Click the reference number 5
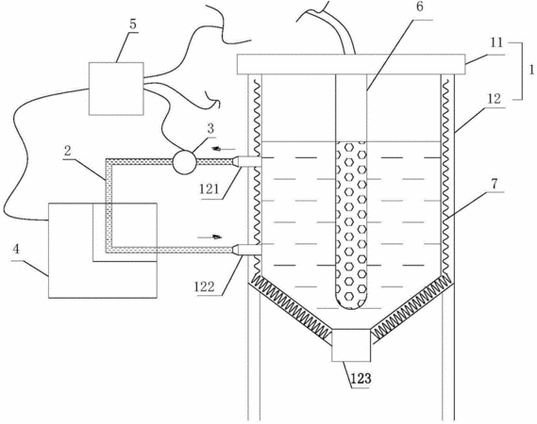click(132, 24)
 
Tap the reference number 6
click(420, 8)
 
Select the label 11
click(496, 42)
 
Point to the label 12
click(495, 99)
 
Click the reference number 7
click(494, 184)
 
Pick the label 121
click(209, 188)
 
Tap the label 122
click(204, 286)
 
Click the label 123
click(361, 379)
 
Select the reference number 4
click(16, 250)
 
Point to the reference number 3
click(210, 128)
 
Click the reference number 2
click(68, 151)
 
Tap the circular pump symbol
click(185, 162)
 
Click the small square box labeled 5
click(116, 89)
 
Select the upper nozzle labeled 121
click(246, 161)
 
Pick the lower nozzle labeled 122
click(246, 250)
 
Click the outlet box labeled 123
click(351, 345)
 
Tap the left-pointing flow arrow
click(224, 149)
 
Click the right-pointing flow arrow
click(210, 236)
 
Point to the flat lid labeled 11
click(351, 64)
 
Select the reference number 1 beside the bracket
click(531, 70)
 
